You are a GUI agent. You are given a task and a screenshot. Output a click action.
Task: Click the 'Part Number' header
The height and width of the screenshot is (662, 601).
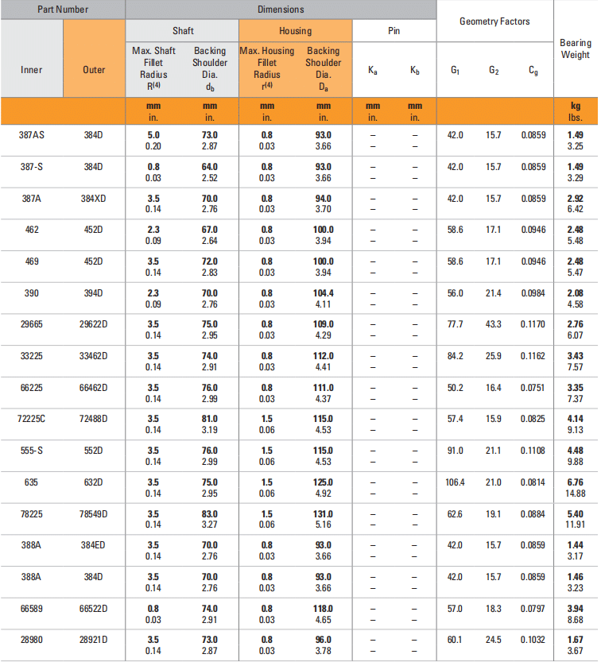tap(62, 10)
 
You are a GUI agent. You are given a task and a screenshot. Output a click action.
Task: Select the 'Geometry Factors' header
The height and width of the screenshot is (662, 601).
tap(494, 21)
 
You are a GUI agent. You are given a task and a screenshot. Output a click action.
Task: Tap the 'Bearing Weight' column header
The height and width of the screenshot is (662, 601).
tap(576, 48)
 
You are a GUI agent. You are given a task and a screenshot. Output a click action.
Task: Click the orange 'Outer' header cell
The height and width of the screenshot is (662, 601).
tap(94, 70)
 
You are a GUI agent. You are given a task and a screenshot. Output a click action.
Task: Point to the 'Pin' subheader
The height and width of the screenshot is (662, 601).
tap(394, 31)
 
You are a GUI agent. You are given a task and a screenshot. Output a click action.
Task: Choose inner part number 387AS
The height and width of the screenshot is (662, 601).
tap(32, 135)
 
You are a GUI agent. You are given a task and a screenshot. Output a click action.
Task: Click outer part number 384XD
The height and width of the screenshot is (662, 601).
tap(94, 199)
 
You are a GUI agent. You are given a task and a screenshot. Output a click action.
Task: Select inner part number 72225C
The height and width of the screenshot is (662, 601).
tap(32, 418)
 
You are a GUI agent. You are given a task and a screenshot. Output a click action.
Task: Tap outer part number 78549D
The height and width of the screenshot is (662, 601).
tap(94, 513)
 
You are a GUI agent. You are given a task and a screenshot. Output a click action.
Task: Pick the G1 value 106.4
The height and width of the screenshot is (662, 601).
tap(455, 482)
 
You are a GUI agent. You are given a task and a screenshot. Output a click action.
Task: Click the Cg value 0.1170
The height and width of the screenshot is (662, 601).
tap(533, 324)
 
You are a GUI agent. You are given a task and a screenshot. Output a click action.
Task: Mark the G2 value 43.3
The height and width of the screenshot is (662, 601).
tap(494, 324)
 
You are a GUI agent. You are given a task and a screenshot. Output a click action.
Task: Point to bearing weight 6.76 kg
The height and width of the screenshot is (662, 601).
tap(576, 482)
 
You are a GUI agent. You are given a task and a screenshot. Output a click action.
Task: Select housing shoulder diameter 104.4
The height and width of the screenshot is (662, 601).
tap(323, 293)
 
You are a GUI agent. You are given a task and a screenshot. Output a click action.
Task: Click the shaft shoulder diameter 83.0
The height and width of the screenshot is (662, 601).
tap(209, 513)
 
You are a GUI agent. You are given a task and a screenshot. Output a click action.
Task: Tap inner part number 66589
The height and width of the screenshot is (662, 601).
tap(32, 608)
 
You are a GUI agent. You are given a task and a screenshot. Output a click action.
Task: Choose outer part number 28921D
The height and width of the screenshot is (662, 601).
tap(94, 640)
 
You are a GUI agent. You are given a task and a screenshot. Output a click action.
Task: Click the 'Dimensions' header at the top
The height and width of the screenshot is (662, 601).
tap(281, 10)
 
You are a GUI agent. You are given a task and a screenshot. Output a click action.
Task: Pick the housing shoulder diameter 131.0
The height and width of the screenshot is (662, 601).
tap(323, 513)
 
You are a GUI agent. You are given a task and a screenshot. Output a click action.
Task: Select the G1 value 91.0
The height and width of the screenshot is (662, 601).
tap(455, 451)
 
